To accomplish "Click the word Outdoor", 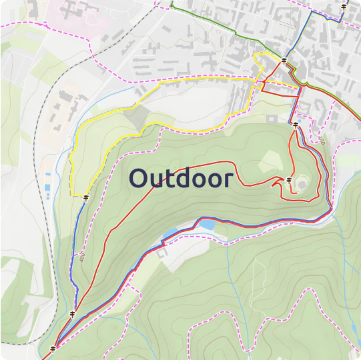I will click(x=181, y=179).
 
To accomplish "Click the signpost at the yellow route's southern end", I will click(x=87, y=197).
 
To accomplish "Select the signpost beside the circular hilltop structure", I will click(x=289, y=180).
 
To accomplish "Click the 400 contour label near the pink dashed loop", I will click(x=322, y=141).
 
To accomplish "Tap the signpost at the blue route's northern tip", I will click(x=344, y=7).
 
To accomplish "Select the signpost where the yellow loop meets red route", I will click(x=284, y=61).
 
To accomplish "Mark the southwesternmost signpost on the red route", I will click(x=53, y=349).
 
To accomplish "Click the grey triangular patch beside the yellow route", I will click(x=136, y=119).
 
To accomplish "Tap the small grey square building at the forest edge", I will click(x=271, y=118).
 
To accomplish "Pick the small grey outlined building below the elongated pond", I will click(x=162, y=252).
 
